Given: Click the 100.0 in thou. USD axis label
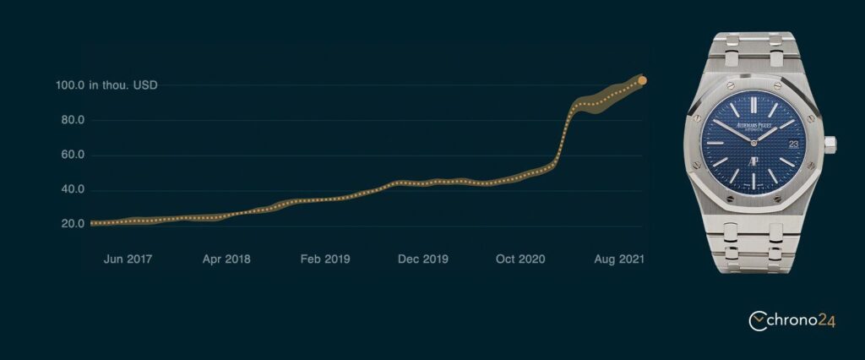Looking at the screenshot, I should [106, 85].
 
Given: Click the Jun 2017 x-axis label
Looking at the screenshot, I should [128, 259].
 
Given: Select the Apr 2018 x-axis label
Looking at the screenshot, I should [226, 259].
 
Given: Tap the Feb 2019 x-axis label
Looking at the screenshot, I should [325, 259].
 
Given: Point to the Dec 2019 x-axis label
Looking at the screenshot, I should [423, 259].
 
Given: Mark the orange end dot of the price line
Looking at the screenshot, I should [643, 81].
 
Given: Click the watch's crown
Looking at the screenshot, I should [830, 145].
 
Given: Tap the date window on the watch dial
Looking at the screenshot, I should [793, 145].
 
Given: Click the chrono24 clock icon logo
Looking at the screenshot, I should [758, 320].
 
